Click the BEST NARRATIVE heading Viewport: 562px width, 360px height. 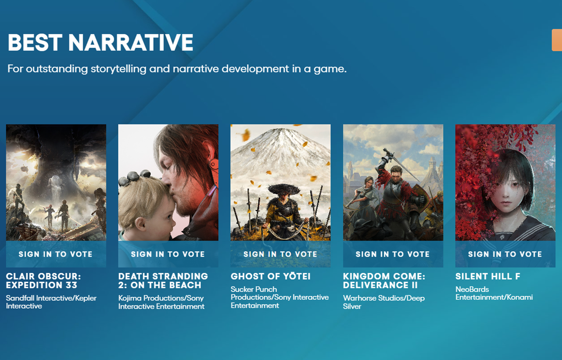(100, 43)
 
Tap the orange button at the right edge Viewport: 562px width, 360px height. (557, 41)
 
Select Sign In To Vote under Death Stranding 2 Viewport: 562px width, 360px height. (168, 254)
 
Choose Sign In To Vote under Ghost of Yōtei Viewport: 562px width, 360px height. (280, 254)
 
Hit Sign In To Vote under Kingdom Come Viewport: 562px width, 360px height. (392, 254)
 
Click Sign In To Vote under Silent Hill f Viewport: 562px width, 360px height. (505, 254)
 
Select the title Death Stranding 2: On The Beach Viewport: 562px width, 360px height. (163, 280)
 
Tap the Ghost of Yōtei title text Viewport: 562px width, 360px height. (270, 276)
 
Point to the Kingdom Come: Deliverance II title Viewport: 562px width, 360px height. (384, 280)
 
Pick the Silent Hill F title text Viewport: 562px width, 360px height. (488, 276)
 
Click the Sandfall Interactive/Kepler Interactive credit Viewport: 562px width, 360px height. (51, 302)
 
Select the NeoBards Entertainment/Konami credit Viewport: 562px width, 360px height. (494, 293)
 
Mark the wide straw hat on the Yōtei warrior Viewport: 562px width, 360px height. (281, 189)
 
